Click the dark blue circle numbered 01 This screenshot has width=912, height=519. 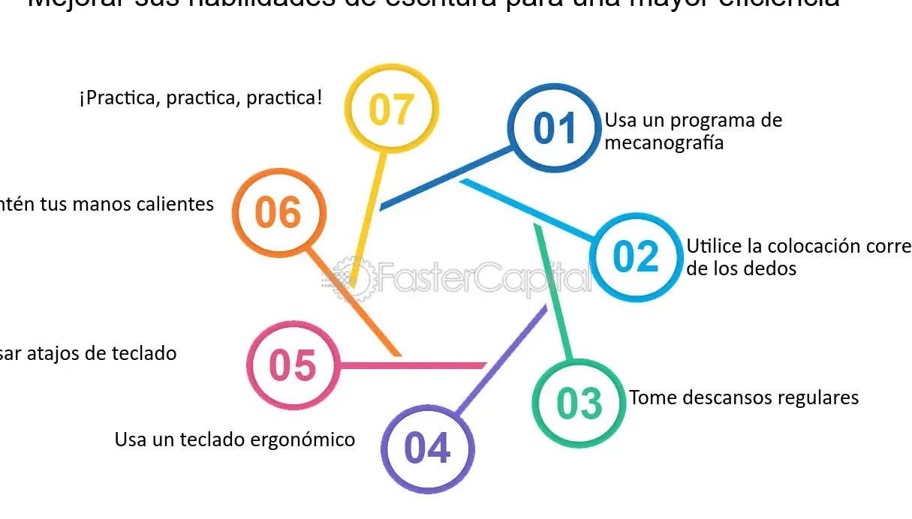pos(555,128)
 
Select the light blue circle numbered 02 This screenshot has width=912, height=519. pos(636,257)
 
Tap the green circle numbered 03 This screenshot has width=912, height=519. pos(579,403)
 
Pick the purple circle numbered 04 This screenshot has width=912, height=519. pos(427,448)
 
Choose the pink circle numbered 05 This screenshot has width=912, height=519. pos(293,366)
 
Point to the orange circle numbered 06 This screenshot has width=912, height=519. pos(278,213)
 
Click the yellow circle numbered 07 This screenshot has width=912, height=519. pos(391,109)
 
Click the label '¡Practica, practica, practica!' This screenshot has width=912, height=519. pos(200,97)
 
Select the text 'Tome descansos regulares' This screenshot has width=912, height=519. pos(743,397)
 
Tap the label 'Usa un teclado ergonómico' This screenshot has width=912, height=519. pos(235,439)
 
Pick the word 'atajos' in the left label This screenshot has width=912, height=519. pos(56,353)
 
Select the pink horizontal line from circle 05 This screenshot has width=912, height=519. pos(413,365)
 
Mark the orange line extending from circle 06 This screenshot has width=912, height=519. pos(353,300)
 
